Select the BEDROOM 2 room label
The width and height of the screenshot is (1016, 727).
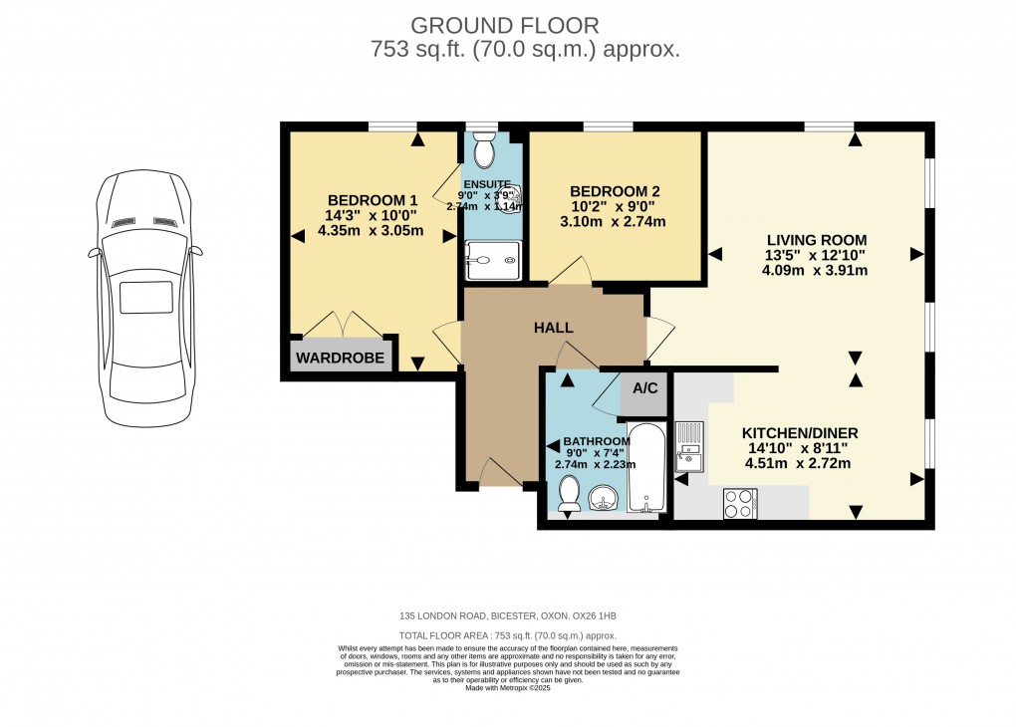pyautogui.click(x=615, y=191)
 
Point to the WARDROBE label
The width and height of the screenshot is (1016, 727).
pyautogui.click(x=342, y=357)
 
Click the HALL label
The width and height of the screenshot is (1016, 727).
pyautogui.click(x=553, y=328)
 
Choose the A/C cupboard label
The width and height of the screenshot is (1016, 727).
pyautogui.click(x=645, y=387)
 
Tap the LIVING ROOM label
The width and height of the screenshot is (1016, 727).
pyautogui.click(x=816, y=240)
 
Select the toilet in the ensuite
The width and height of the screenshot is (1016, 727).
pyautogui.click(x=484, y=152)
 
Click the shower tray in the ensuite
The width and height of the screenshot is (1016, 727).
pyautogui.click(x=491, y=261)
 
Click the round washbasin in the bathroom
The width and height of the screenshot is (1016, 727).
pyautogui.click(x=606, y=497)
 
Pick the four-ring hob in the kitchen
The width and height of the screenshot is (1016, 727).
pyautogui.click(x=740, y=503)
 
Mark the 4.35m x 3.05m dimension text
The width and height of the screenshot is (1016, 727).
pyautogui.click(x=371, y=230)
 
